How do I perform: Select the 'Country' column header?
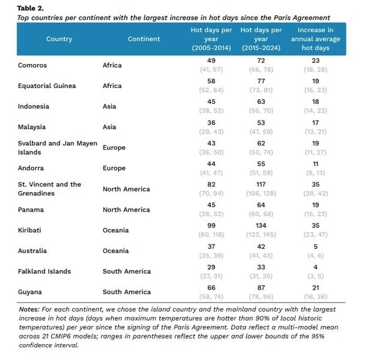(59, 39)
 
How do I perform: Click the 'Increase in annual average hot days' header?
(315, 39)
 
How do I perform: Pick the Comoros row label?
(32, 65)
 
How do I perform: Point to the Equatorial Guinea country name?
(47, 86)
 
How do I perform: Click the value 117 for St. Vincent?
(261, 185)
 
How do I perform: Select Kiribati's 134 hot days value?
(261, 226)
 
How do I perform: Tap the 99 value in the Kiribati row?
(211, 226)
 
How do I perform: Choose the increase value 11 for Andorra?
(315, 164)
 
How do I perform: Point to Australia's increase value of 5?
(315, 246)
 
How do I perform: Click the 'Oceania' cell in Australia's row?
(115, 251)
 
